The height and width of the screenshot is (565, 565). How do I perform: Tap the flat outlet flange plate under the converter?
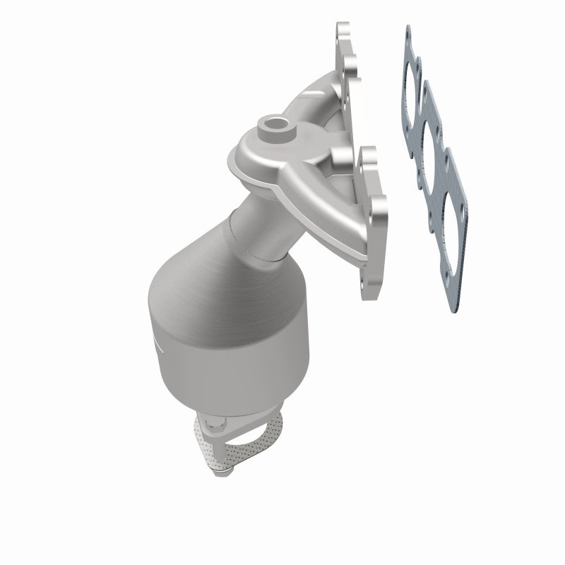click(x=247, y=424)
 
